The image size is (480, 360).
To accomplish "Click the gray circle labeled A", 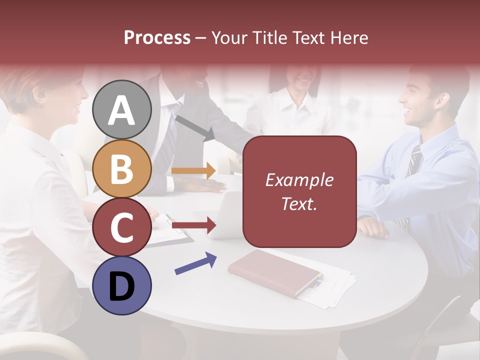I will tap(121, 109).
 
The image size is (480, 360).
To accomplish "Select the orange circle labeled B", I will tap(121, 168).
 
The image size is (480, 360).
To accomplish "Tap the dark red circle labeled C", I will tap(121, 227).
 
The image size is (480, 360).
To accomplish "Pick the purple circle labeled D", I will tap(121, 285).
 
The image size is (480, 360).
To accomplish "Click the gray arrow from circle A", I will tap(195, 127).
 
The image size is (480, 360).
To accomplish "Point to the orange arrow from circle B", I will tap(193, 170).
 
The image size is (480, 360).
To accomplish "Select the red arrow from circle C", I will tap(193, 225).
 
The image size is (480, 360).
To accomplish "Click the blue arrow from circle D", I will tap(195, 263).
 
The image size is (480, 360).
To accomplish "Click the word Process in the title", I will tap(157, 37).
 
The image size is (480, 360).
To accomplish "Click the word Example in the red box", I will tap(299, 180).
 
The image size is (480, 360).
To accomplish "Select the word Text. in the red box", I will tap(299, 203).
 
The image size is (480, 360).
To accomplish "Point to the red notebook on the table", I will tap(274, 272).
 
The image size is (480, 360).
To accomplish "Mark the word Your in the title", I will tap(229, 37).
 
